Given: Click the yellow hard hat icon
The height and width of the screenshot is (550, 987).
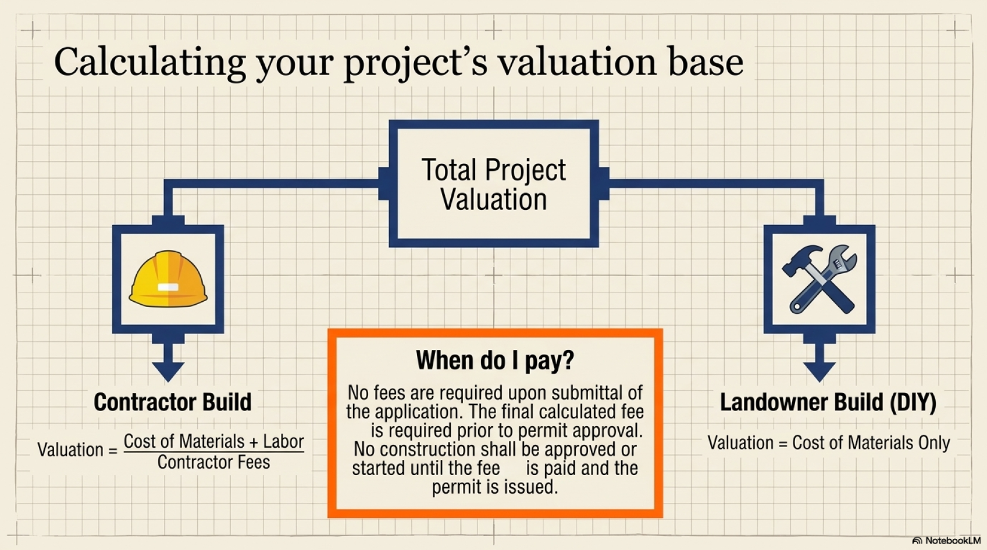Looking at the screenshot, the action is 168,279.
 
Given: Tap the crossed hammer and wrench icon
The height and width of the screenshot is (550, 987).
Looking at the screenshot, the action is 819,279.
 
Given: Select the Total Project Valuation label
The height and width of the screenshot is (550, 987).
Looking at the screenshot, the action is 493,184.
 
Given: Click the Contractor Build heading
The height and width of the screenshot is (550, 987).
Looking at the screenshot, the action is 173,402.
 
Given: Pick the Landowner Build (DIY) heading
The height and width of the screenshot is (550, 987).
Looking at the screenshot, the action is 828,402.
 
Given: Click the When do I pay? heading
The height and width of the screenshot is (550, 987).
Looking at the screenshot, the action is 495,360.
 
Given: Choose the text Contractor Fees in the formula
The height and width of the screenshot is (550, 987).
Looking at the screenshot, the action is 213,462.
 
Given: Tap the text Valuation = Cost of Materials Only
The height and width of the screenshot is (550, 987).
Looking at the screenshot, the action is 828,443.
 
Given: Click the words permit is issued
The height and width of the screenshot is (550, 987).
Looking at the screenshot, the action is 495,487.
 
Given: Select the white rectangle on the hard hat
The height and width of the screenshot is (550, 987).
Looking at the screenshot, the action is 168,288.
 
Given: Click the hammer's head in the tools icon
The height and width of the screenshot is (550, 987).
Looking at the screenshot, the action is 799,259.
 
